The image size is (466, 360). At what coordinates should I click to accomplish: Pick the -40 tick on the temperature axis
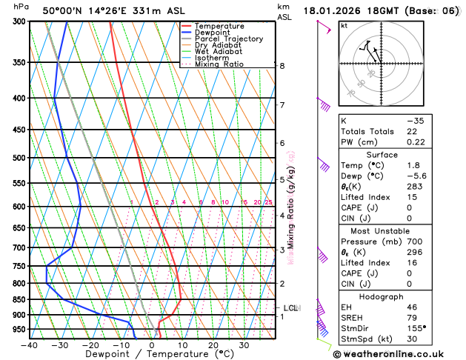click(30, 345)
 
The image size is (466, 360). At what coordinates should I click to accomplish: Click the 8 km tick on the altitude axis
click(282, 66)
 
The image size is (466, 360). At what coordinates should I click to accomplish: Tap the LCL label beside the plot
click(291, 307)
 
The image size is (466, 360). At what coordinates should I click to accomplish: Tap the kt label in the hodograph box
click(344, 25)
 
